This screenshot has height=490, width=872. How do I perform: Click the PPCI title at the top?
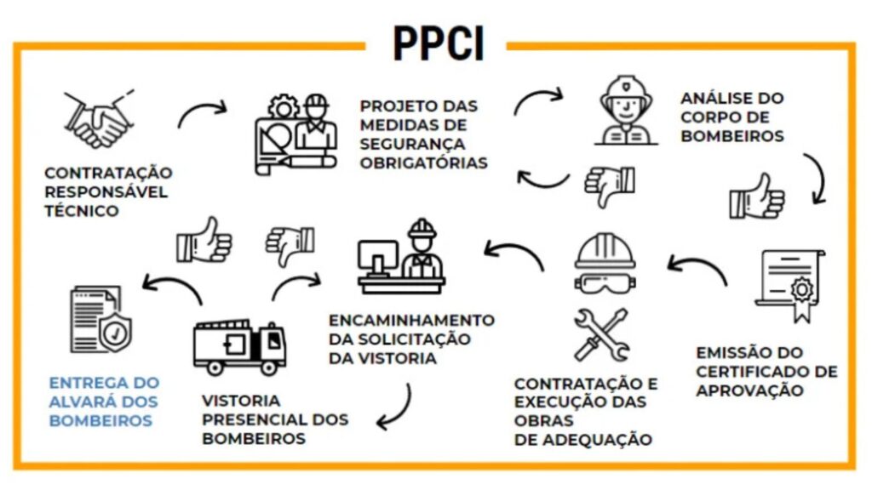point(439,43)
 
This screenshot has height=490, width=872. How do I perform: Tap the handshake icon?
point(99,119)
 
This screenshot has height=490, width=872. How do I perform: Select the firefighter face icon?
point(626,111)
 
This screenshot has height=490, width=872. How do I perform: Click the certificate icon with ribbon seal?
point(790,285)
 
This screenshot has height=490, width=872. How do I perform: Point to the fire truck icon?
point(239,347)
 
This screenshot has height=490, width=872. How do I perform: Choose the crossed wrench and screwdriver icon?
point(602,335)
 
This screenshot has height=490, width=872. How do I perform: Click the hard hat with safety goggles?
point(605,264)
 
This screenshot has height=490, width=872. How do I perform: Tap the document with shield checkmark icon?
point(101,320)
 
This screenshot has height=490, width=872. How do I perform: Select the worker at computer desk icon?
point(401,257)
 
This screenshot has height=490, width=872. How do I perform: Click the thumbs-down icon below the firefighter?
point(610,185)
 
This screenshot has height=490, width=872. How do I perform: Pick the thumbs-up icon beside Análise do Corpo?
point(757,197)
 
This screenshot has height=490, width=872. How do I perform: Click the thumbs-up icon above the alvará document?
point(204,239)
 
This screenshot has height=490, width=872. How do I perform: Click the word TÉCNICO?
point(82,211)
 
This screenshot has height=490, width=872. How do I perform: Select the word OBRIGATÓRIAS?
point(424,162)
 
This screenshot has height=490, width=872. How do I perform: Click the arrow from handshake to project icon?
point(202,113)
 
